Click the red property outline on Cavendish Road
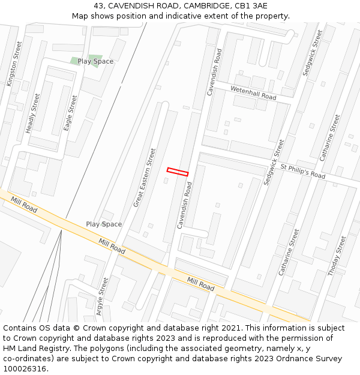pyautogui.click(x=178, y=172)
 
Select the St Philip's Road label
pyautogui.click(x=302, y=171)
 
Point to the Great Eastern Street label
pyautogui.click(x=144, y=178)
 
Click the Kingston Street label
pyautogui.click(x=13, y=64)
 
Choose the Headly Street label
pyautogui.click(x=33, y=113)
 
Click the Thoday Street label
pyautogui.click(x=337, y=256)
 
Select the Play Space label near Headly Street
pyautogui.click(x=95, y=61)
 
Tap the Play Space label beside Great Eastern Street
pyautogui.click(x=104, y=224)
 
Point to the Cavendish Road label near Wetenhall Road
pyautogui.click(x=214, y=72)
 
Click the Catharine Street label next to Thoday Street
pyautogui.click(x=288, y=252)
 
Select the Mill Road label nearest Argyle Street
pyautogui.click(x=112, y=246)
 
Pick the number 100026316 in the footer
pyautogui.click(x=24, y=368)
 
